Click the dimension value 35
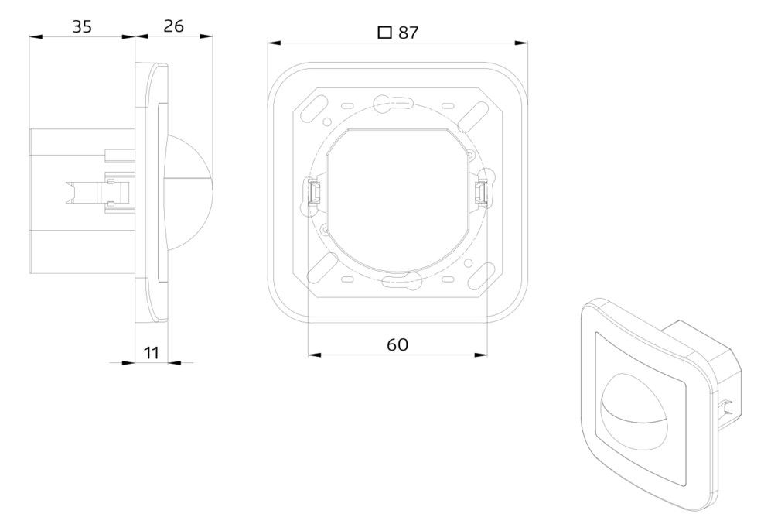[82, 26]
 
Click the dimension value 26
[173, 26]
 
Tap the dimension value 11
[152, 352]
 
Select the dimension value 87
[408, 33]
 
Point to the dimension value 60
[397, 344]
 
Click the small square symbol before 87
[384, 33]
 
